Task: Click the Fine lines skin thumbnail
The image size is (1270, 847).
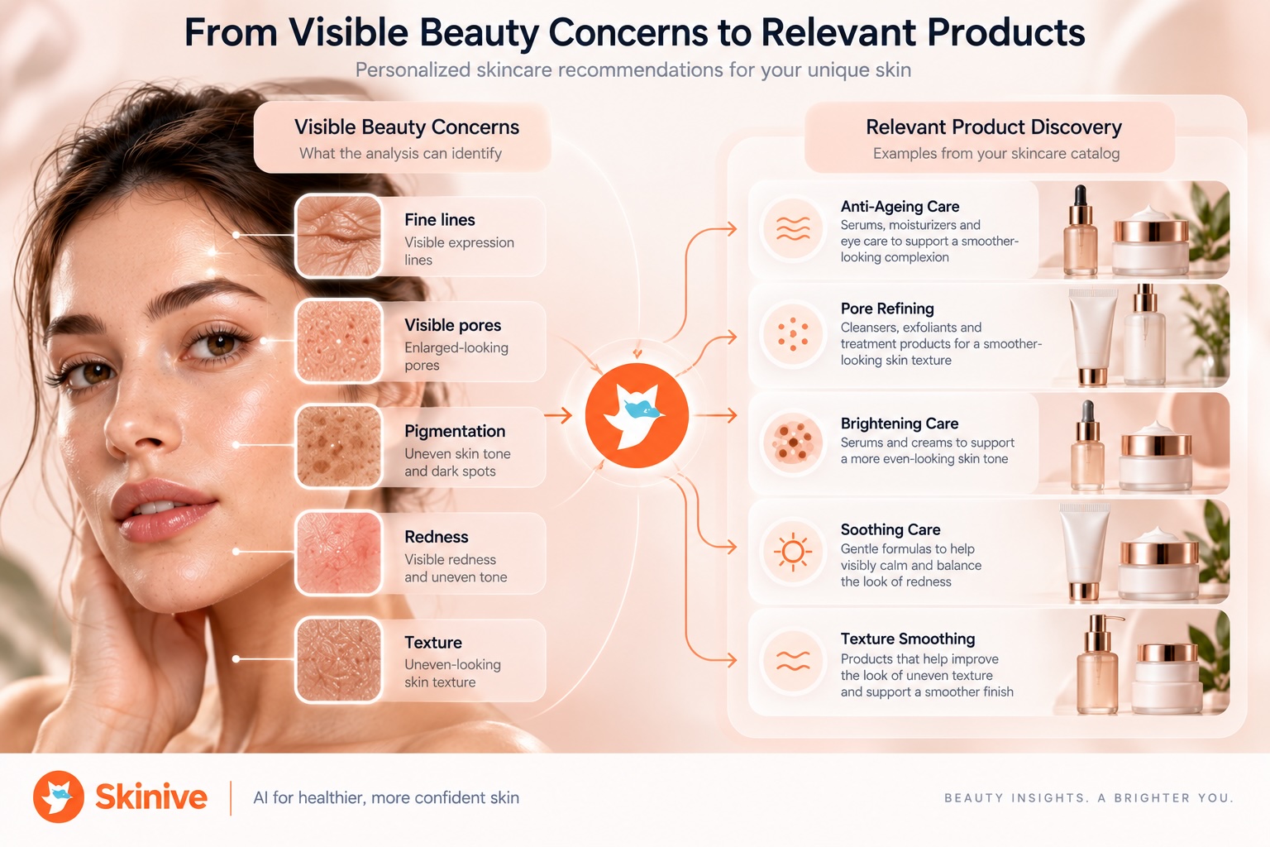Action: coord(338,236)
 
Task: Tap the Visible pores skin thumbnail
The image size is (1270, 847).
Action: coord(338,341)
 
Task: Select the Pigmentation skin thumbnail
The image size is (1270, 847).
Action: coord(338,447)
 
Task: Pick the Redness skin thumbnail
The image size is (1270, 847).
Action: coord(338,553)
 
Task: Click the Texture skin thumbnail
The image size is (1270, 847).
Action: coord(338,660)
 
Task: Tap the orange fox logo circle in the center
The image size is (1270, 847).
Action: coord(637,415)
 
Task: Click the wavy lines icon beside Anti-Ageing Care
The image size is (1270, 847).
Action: coord(793,229)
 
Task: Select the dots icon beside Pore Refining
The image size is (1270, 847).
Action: coord(793,334)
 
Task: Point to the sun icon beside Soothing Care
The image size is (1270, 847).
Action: coord(793,552)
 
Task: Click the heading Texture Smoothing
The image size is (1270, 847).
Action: coord(908,639)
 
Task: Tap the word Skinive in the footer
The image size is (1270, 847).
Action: coord(151,797)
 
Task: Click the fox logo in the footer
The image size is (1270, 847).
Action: coord(59,797)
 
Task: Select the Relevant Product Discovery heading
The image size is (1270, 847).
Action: coord(993,127)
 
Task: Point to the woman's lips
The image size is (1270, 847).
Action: coord(163,509)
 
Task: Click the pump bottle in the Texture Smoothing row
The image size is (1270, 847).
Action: coord(1098,664)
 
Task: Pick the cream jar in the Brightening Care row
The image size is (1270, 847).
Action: coord(1156,456)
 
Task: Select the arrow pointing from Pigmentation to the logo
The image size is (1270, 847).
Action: coord(558,415)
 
